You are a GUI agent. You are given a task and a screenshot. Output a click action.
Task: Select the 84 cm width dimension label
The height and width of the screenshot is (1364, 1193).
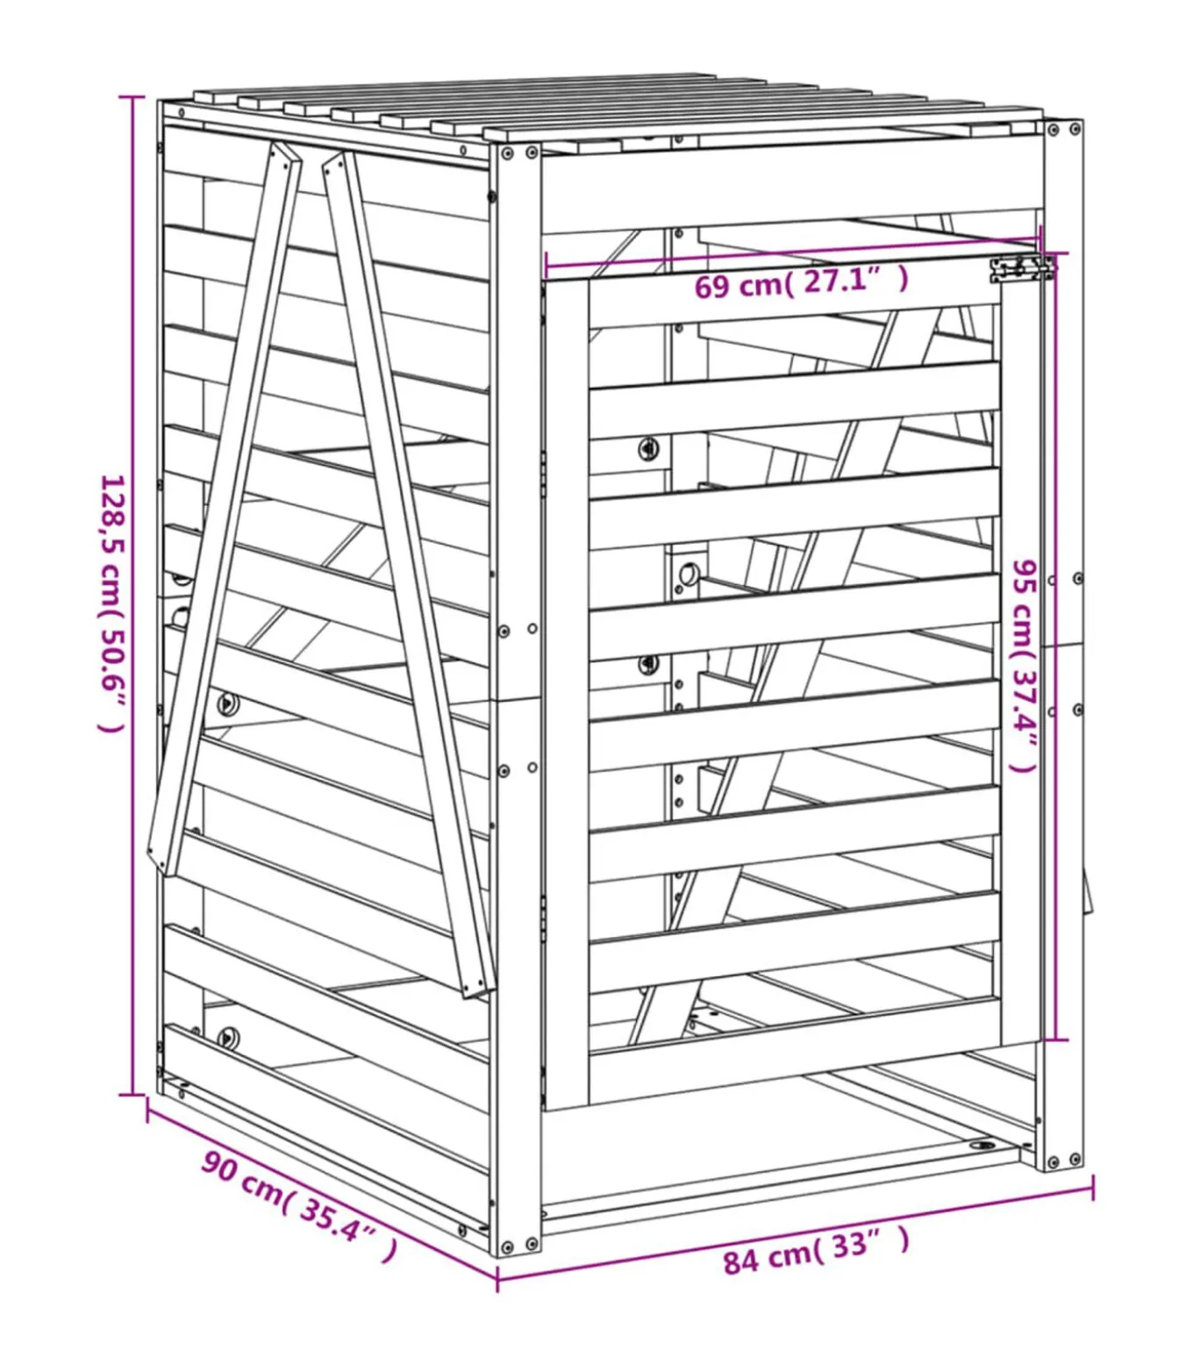pyautogui.click(x=815, y=1250)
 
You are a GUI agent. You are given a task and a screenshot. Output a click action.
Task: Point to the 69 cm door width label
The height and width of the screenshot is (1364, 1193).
pyautogui.click(x=800, y=282)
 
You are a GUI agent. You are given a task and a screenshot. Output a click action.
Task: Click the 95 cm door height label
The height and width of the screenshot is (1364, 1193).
pyautogui.click(x=1023, y=667)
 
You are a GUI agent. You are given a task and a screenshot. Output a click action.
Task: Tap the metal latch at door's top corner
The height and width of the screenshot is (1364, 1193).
pyautogui.click(x=1021, y=268)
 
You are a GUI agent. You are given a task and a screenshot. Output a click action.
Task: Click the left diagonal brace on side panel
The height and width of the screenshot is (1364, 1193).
pyautogui.click(x=225, y=509)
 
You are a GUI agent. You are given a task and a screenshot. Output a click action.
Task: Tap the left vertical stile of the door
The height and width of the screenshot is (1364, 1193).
pyautogui.click(x=566, y=693)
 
